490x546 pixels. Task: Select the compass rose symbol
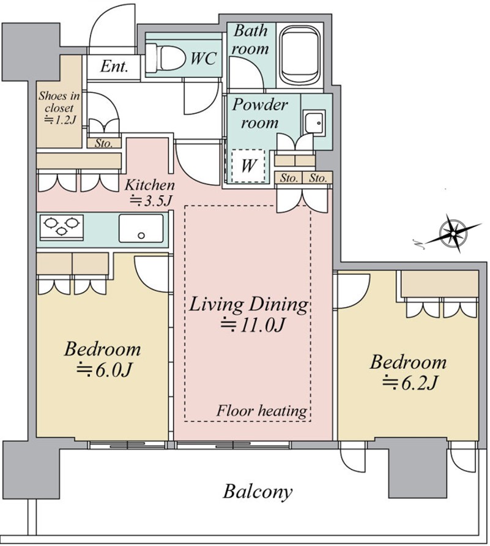pos(453,232)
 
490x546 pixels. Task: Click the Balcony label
pos(258,492)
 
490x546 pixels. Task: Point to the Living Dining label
pos(249,304)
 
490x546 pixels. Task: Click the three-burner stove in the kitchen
pos(62,227)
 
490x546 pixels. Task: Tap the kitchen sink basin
pos(141,228)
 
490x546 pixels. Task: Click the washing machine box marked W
pos(248,165)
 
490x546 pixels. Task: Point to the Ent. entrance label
pos(114,66)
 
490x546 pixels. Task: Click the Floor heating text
pos(261,411)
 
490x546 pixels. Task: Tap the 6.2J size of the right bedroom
pos(410,383)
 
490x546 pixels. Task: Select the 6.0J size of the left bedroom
pos(104,370)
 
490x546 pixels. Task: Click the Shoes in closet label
pos(59,107)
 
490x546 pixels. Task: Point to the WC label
pos(204,58)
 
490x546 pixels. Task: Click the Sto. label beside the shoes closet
pos(103,143)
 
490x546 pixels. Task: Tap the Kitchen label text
pos(150,185)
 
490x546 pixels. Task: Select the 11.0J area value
pos(254,324)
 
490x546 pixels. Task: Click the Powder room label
pos(260,113)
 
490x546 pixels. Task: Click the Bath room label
pos(251,39)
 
